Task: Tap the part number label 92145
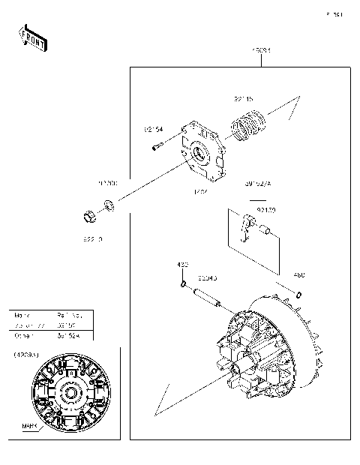(244, 98)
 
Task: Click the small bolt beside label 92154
(157, 146)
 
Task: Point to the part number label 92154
(154, 129)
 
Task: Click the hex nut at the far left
(89, 218)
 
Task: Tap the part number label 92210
(91, 238)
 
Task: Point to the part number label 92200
(108, 182)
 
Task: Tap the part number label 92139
(266, 210)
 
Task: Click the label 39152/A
(257, 182)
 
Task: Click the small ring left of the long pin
(182, 284)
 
